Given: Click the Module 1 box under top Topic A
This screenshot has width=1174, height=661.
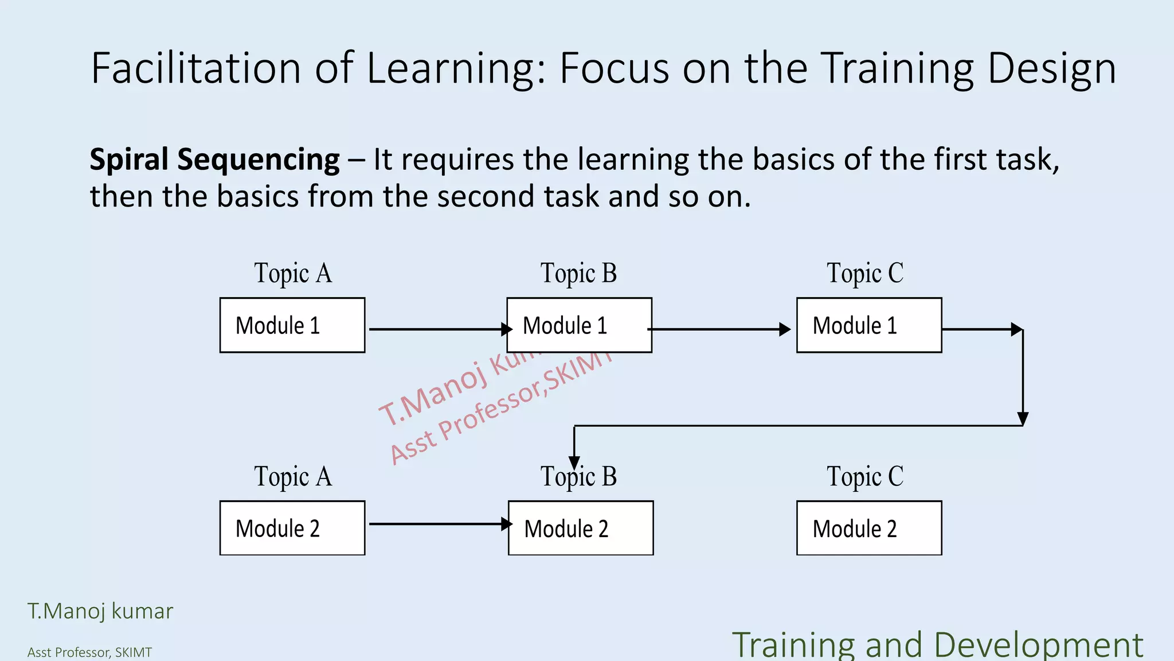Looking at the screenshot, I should pyautogui.click(x=292, y=325).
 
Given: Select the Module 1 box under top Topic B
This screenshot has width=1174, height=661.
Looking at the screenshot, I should pyautogui.click(x=579, y=325).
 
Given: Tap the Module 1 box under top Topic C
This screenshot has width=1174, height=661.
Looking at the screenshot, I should pyautogui.click(x=868, y=325).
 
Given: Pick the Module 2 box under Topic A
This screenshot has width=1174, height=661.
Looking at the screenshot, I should pyautogui.click(x=292, y=528).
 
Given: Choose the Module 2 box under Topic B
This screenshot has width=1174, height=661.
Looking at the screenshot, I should pyautogui.click(x=580, y=528).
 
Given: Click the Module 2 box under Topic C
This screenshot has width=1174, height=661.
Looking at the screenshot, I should pyautogui.click(x=868, y=528).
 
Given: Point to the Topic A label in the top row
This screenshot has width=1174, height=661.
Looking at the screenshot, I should pyautogui.click(x=293, y=273).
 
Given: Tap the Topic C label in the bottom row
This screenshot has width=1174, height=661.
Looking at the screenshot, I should pyautogui.click(x=864, y=477).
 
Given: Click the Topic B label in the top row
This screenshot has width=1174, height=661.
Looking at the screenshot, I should pyautogui.click(x=578, y=273).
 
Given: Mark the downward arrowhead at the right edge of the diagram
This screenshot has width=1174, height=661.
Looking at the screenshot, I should pyautogui.click(x=1023, y=418).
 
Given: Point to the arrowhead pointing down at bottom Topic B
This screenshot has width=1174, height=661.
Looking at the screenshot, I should pyautogui.click(x=574, y=462).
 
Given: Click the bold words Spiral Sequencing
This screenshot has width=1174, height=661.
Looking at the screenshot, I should pyautogui.click(x=214, y=160).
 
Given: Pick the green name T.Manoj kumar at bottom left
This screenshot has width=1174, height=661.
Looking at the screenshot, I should pyautogui.click(x=100, y=611).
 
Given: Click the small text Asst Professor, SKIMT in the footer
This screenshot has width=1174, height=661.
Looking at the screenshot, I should pyautogui.click(x=89, y=652).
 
